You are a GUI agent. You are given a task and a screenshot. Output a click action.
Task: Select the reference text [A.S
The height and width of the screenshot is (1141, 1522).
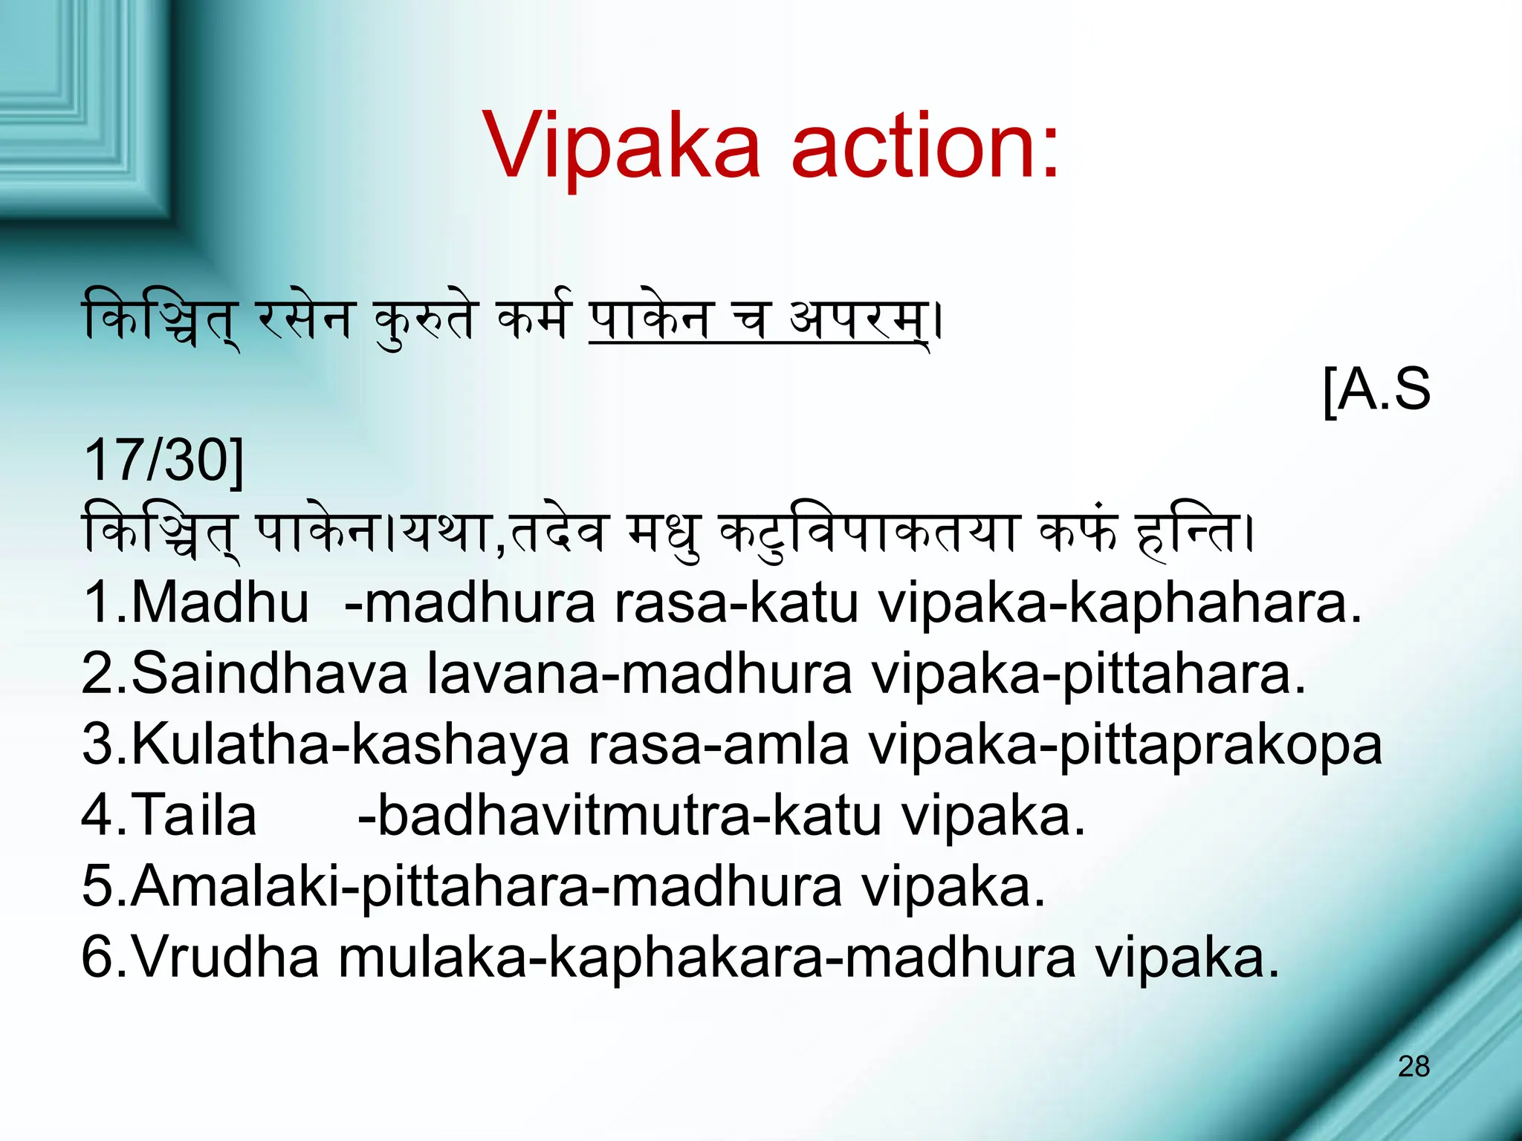pos(1377,389)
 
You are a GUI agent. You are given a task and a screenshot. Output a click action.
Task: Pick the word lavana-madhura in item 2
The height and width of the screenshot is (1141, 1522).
pos(640,673)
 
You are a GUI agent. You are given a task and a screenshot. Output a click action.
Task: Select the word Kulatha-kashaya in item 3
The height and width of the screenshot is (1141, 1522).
pos(350,744)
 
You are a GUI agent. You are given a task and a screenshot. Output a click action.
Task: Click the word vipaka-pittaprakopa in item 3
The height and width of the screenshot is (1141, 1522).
pos(1126,744)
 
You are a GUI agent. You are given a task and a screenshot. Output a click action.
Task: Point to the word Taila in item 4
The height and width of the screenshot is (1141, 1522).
pos(195,816)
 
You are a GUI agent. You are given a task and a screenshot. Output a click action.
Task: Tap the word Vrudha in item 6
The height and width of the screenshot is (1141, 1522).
pos(226,958)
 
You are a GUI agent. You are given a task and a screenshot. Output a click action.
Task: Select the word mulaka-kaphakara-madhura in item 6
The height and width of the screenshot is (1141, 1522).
pos(707,958)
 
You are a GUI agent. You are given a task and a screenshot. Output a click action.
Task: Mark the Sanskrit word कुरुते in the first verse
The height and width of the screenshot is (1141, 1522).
pos(424,321)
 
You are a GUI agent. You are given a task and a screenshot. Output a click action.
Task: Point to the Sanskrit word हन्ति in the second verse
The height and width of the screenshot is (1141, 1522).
pos(1189,533)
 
